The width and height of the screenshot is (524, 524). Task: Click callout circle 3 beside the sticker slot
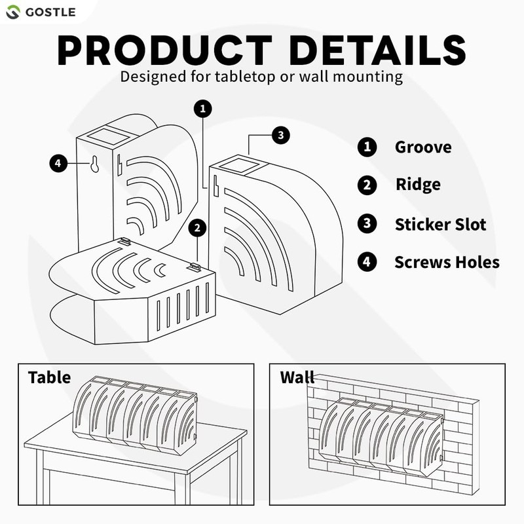click(280, 136)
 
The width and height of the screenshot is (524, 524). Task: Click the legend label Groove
click(422, 147)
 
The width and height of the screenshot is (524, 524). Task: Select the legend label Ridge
click(418, 185)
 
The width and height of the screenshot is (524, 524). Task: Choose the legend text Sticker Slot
click(440, 225)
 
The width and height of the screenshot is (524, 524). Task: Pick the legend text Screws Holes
click(447, 263)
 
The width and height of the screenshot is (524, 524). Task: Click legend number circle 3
click(366, 224)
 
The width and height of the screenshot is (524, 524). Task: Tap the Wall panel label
click(297, 378)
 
